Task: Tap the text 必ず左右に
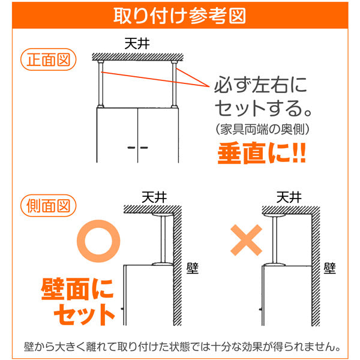pos(260,85)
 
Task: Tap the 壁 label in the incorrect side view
pos(330,266)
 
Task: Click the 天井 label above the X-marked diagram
pos(289,196)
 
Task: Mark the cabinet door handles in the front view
pos(139,146)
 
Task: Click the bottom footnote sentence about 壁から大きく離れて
pos(180,347)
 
